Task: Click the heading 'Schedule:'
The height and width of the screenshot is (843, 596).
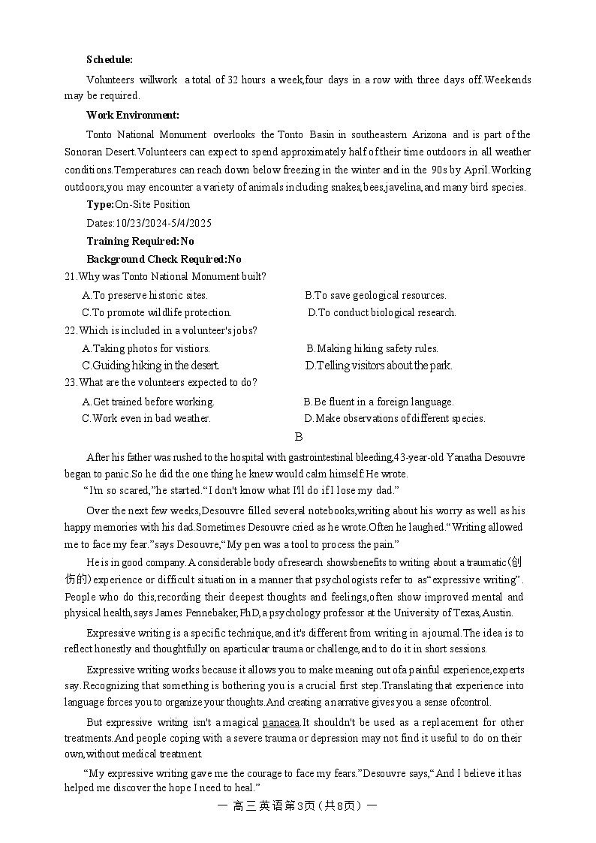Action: pyautogui.click(x=110, y=59)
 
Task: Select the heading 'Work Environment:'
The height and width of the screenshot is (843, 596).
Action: pyautogui.click(x=133, y=115)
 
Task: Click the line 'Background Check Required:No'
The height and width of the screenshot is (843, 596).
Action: pyautogui.click(x=164, y=259)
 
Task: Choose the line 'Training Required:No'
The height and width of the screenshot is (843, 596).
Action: pyautogui.click(x=140, y=241)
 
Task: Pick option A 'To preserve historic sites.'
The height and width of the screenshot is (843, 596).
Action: pyautogui.click(x=145, y=295)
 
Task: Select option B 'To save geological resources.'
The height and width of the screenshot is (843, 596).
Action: pyautogui.click(x=375, y=295)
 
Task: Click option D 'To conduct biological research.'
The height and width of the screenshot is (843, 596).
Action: pyautogui.click(x=382, y=312)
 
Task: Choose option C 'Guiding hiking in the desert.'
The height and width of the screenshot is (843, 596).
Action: pyautogui.click(x=151, y=366)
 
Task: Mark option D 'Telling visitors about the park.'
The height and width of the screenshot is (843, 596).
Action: pyautogui.click(x=378, y=366)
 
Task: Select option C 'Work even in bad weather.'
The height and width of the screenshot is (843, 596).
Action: pyautogui.click(x=146, y=418)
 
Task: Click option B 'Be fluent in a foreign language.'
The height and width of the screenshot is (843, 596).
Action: pyautogui.click(x=378, y=402)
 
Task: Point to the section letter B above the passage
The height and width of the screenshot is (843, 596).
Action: pyautogui.click(x=299, y=437)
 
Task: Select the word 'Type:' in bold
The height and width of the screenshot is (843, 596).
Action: pyautogui.click(x=101, y=204)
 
